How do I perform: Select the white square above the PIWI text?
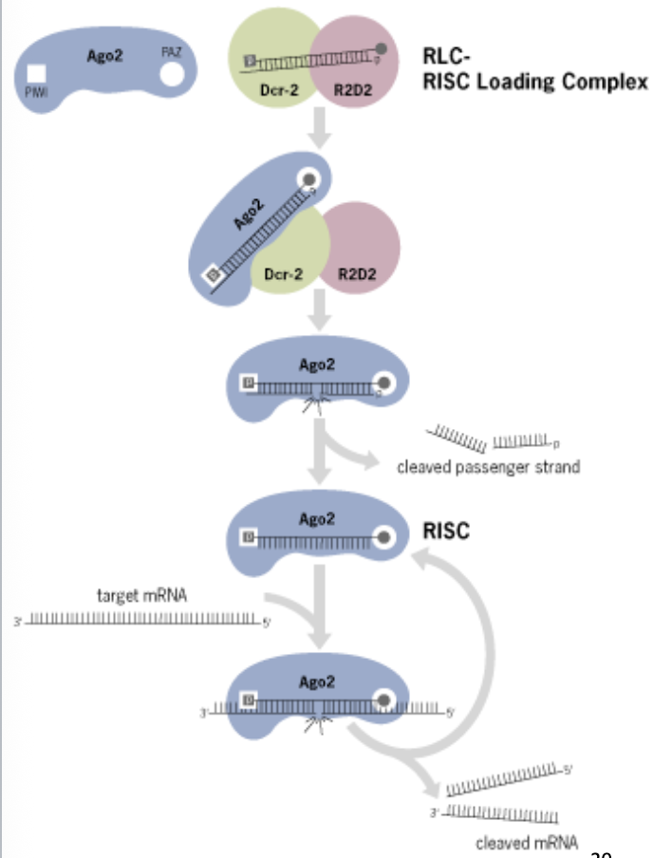coord(37,73)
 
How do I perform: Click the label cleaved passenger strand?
coord(488,467)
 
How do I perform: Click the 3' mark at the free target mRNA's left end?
coord(17,623)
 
